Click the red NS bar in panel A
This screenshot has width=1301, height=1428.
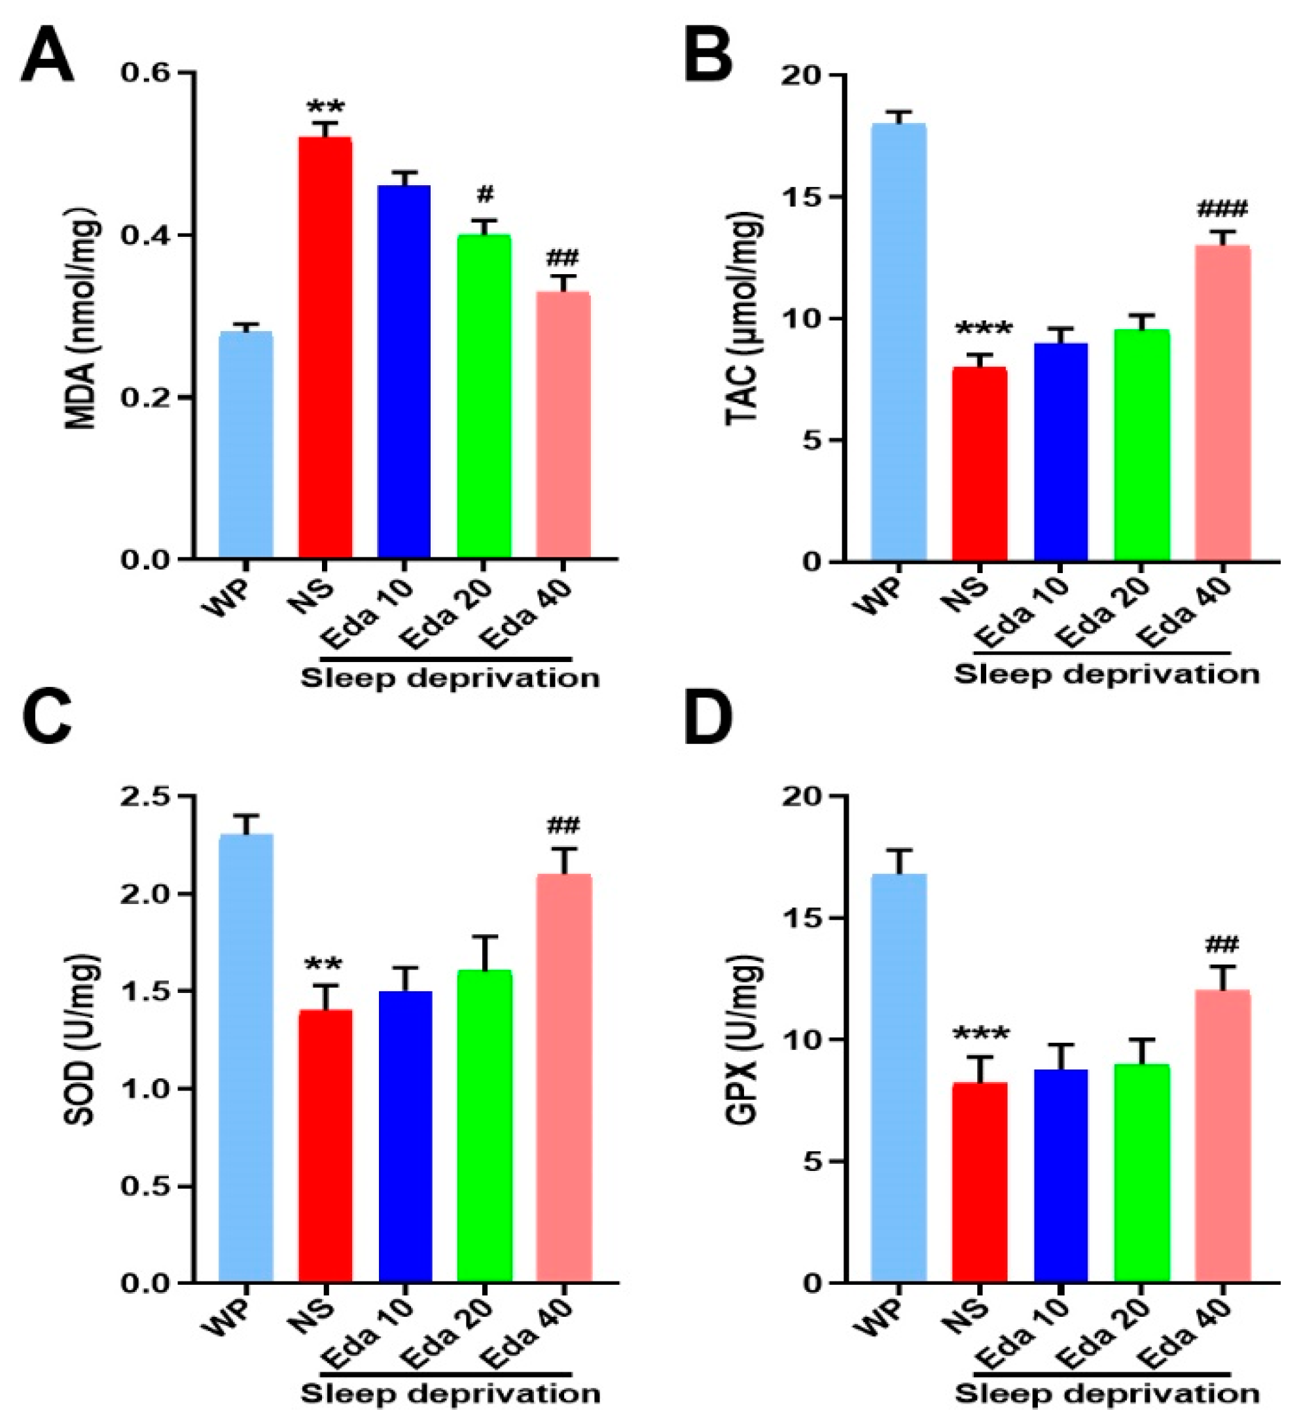[325, 347]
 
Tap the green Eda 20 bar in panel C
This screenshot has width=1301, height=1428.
[484, 1126]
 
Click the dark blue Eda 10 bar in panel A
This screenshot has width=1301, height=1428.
[404, 372]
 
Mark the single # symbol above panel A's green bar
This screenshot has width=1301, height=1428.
[486, 194]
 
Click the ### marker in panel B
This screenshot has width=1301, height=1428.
[1222, 210]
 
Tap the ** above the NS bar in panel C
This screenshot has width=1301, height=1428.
[324, 966]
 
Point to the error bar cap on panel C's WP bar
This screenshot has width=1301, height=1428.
[246, 816]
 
